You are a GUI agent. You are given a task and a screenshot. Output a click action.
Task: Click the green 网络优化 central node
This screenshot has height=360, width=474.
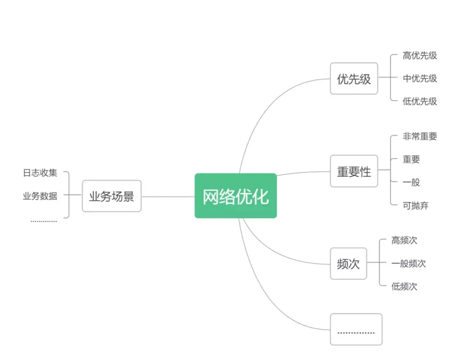(x=236, y=196)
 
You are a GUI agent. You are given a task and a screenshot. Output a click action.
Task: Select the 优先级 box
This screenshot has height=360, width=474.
(x=354, y=78)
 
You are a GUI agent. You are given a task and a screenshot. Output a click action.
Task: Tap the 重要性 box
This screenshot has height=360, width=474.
(x=354, y=171)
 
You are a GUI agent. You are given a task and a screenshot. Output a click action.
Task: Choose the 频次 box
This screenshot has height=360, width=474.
(x=348, y=264)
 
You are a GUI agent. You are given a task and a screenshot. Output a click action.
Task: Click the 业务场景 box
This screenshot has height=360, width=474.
(x=111, y=196)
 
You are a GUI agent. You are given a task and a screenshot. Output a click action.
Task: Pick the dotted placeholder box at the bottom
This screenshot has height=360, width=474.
(x=356, y=329)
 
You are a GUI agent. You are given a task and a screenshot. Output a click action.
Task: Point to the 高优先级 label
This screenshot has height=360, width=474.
(x=420, y=56)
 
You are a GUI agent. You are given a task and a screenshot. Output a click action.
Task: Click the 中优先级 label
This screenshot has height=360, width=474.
(x=420, y=78)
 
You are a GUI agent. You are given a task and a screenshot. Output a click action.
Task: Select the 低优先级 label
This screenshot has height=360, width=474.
(x=420, y=101)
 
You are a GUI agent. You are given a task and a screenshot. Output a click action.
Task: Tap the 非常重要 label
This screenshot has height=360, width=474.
(x=420, y=136)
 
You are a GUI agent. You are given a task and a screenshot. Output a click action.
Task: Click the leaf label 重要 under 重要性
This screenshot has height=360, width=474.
(x=411, y=160)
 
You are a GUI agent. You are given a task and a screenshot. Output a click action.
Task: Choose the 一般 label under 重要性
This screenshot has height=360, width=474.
(x=411, y=182)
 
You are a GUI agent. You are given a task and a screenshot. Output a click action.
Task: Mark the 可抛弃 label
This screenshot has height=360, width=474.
(x=415, y=205)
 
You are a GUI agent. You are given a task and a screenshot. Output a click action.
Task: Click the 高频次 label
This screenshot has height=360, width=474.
(x=404, y=240)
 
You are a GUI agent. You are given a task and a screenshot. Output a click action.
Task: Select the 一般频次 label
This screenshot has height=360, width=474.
(x=408, y=264)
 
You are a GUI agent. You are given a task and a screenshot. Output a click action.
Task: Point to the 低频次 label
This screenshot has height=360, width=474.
(x=404, y=287)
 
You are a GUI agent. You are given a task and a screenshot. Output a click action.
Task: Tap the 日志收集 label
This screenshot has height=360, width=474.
(x=40, y=173)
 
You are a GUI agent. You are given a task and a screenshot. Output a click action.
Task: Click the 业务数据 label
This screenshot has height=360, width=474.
(x=40, y=196)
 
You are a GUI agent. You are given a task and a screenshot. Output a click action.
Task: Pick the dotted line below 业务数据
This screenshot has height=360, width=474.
(x=43, y=221)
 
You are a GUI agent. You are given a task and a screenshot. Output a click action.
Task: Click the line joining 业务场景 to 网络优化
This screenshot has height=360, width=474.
(x=168, y=196)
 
